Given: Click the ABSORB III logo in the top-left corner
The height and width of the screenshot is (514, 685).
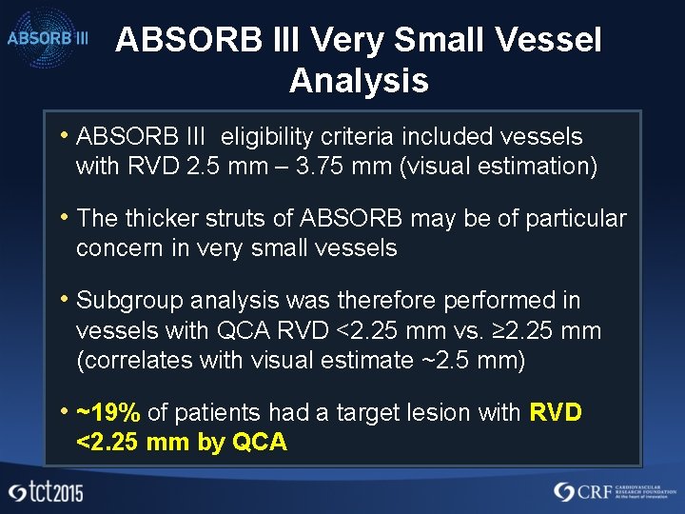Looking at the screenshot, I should click(x=49, y=38).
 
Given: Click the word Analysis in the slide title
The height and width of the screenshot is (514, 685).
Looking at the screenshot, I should click(x=359, y=81).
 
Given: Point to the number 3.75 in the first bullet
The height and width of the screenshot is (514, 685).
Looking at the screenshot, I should click(x=320, y=167).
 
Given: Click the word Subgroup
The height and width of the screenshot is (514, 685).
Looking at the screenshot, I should click(x=129, y=301).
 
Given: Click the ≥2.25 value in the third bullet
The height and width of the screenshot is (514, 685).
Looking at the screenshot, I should click(x=513, y=332).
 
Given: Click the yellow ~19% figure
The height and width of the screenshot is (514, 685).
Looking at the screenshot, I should click(x=108, y=413).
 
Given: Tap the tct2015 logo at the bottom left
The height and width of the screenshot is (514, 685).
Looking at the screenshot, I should click(x=45, y=492).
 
